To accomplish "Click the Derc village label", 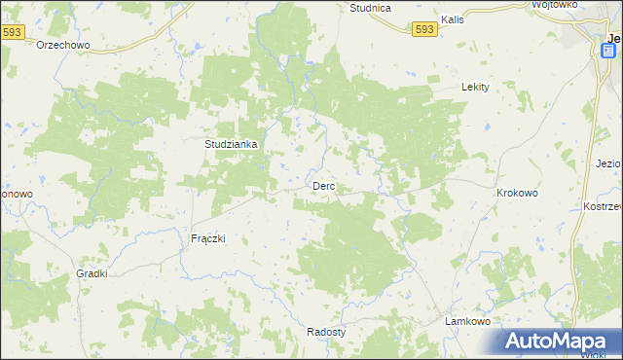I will tap(323, 185).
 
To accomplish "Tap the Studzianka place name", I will tap(231, 144).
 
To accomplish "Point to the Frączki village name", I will tap(207, 238).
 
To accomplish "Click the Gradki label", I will tap(92, 274).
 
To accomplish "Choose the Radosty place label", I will tap(326, 331).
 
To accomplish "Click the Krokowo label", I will tap(517, 193).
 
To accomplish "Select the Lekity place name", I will tap(474, 86).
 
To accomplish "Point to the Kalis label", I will tap(451, 18).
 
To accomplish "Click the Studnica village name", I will tap(370, 8).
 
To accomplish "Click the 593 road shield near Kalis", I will tap(423, 30).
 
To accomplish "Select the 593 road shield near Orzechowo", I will tap(12, 32).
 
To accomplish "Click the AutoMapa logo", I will tap(560, 341).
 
